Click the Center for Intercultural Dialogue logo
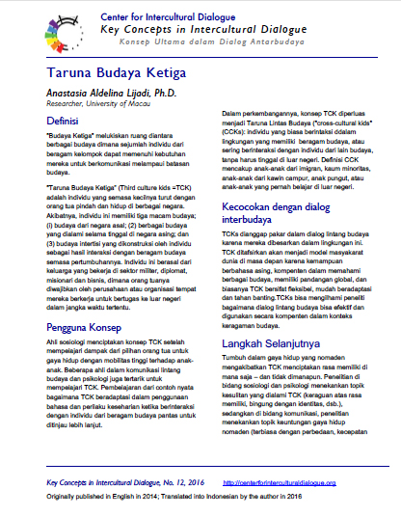point(37,31)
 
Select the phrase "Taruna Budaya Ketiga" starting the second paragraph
point(83,185)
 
